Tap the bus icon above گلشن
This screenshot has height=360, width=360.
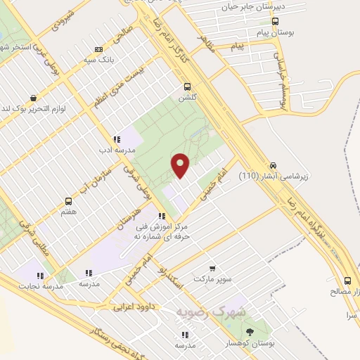pos(187,86)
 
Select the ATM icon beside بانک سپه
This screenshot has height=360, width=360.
pos(98,49)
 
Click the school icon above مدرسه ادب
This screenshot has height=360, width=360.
pos(116,139)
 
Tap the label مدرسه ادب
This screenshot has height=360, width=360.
pos(112,150)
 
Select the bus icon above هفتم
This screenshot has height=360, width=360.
pos(68,200)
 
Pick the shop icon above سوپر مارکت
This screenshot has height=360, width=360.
pos(212,268)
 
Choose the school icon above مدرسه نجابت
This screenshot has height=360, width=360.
pos(41,276)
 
